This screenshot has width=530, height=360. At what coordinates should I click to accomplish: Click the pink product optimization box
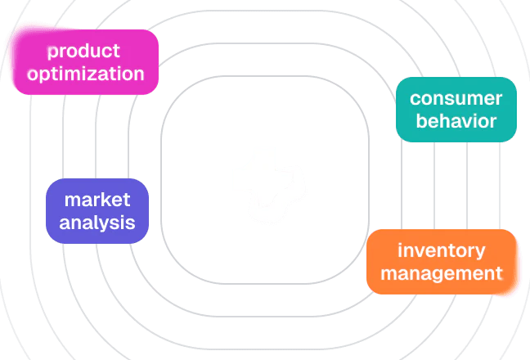pos(85,62)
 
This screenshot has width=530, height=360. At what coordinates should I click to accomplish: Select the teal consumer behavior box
pos(456,110)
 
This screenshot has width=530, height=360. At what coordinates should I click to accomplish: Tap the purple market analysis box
pos(97,211)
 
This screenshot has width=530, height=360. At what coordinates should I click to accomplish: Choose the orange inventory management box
pos(442,262)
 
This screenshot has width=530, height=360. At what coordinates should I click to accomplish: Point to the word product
pos(84,52)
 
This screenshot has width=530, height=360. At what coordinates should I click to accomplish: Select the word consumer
pos(456,99)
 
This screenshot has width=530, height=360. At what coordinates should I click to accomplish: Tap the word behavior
pos(456,121)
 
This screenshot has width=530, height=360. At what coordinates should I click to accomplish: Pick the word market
pos(97,200)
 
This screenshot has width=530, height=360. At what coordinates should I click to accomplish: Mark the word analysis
pos(97,223)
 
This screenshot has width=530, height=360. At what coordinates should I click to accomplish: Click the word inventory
pos(442,250)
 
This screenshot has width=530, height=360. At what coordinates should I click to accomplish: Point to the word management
pos(442,273)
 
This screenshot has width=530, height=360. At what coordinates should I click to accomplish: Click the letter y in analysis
pos(112,224)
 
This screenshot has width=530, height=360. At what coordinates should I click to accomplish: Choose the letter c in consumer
pos(415,99)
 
